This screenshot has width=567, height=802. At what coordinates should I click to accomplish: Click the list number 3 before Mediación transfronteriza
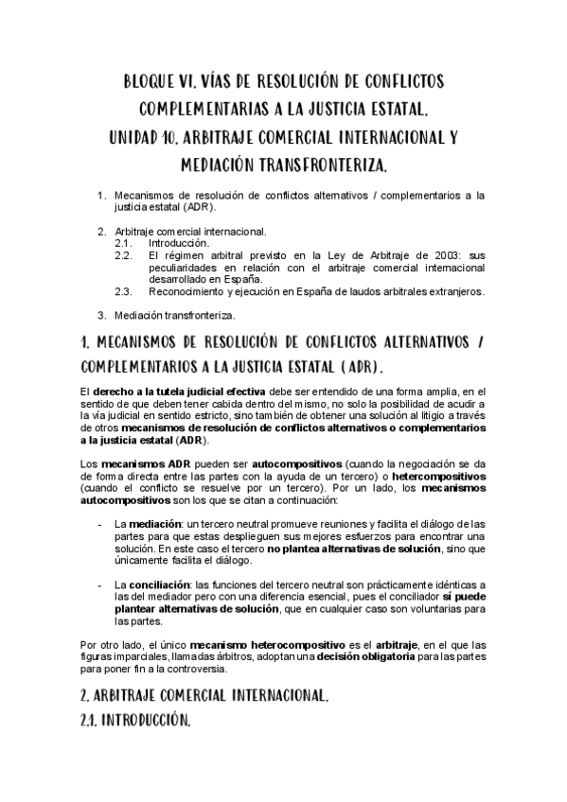(102, 315)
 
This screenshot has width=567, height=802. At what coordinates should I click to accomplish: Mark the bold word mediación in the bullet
(151, 524)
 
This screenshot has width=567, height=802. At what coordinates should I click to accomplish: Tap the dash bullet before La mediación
(101, 524)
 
